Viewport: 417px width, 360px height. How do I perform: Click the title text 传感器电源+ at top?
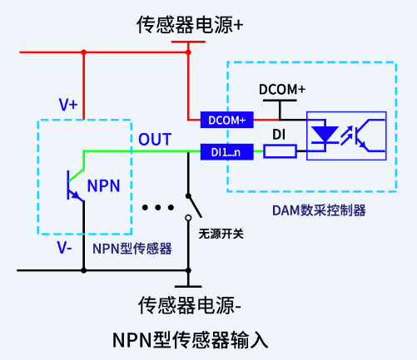coord(190,25)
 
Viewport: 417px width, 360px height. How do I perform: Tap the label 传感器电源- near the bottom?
coord(190,305)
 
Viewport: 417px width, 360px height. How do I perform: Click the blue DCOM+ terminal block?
coord(226,121)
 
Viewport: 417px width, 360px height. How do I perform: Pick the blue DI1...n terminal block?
coord(226,152)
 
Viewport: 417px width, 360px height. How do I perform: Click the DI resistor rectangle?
coord(280,151)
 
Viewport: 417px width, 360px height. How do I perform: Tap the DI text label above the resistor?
coord(280,134)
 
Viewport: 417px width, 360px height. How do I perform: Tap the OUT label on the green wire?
coord(155,138)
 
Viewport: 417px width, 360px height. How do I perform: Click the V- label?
coord(65,248)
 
